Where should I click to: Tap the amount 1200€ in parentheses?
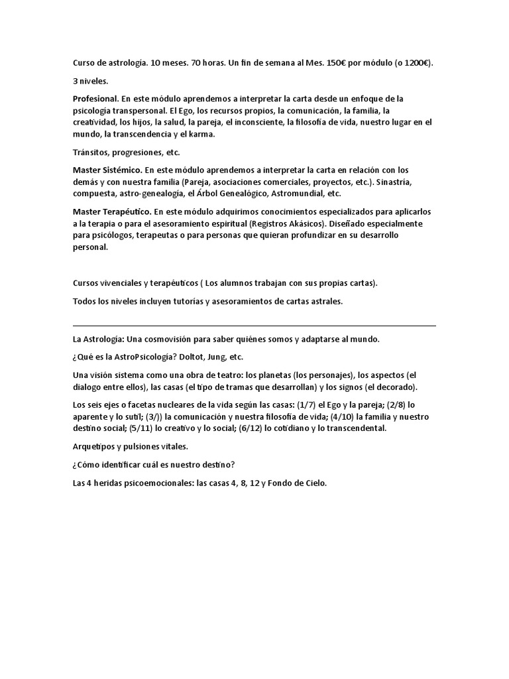pyautogui.click(x=417, y=63)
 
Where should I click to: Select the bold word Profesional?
pyautogui.click(x=96, y=99)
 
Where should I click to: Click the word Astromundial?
pyautogui.click(x=292, y=194)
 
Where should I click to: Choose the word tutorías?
pyautogui.click(x=191, y=301)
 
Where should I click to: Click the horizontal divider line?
pyautogui.click(x=254, y=326)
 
